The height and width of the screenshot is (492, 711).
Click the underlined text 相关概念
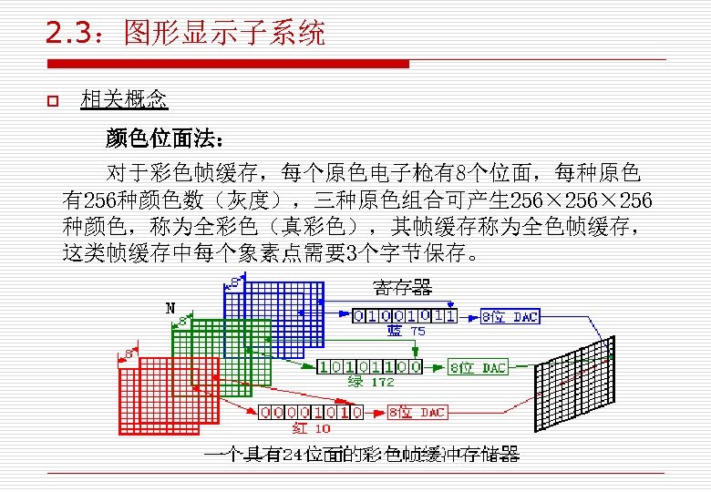[124, 99]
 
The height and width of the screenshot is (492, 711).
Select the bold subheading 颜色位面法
[162, 138]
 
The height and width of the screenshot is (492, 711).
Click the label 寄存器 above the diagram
[403, 289]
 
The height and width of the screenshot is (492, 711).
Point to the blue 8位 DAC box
[510, 316]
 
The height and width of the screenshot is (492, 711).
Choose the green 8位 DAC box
[479, 367]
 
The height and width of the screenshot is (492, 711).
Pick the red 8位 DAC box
[417, 412]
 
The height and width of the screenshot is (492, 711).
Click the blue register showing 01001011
[405, 316]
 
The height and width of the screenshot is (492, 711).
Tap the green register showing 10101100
[370, 367]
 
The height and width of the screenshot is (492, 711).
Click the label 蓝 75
[406, 332]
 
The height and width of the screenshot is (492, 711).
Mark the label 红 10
[311, 427]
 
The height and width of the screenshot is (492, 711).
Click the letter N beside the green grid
[170, 307]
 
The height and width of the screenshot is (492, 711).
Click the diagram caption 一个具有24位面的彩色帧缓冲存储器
[362, 453]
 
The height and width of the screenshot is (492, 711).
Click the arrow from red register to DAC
[376, 412]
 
